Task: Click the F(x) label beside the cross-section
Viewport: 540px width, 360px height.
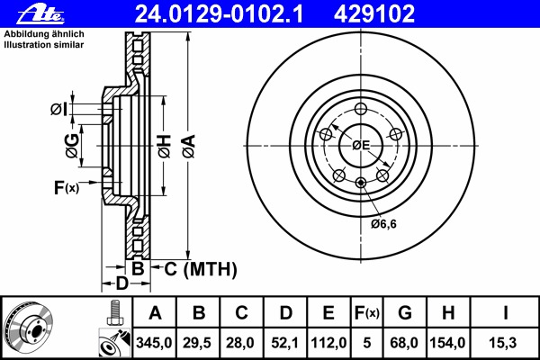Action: pyautogui.click(x=67, y=187)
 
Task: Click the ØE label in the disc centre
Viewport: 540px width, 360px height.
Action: pyautogui.click(x=361, y=145)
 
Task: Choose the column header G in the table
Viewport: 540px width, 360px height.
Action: pyautogui.click(x=405, y=314)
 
